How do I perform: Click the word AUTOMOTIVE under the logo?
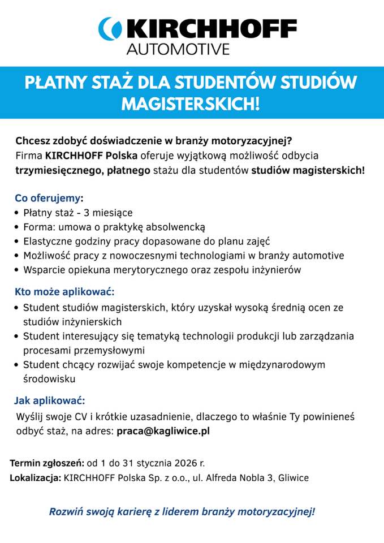[x=178, y=49]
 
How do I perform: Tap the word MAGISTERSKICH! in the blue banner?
[x=191, y=104]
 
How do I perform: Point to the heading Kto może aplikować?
[x=64, y=292]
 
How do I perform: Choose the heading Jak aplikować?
[x=50, y=401]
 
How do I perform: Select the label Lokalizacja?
[x=36, y=479]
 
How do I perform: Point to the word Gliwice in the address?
[x=294, y=479]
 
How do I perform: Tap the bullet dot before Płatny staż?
[x=17, y=214]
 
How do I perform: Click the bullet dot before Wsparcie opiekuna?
[x=17, y=270]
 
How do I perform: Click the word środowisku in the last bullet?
[x=49, y=378]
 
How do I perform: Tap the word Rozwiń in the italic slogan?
[x=66, y=512]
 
